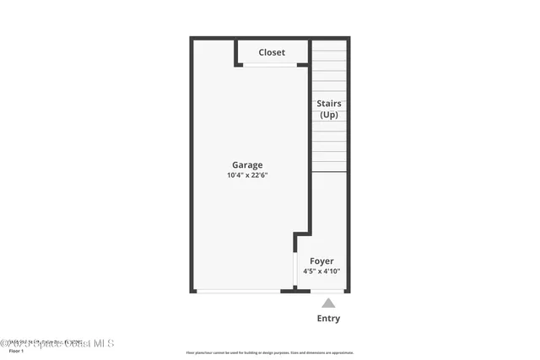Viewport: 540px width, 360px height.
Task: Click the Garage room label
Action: pyautogui.click(x=247, y=165)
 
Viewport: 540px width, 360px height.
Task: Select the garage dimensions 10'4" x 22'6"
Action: pyautogui.click(x=247, y=175)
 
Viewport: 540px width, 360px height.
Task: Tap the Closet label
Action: pyautogui.click(x=272, y=52)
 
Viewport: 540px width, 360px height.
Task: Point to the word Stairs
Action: pyautogui.click(x=329, y=104)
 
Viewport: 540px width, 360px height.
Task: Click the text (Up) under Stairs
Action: pyautogui.click(x=329, y=115)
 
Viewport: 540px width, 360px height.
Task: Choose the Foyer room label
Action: pyautogui.click(x=321, y=261)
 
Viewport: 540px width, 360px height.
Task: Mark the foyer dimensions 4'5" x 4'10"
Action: pyautogui.click(x=321, y=271)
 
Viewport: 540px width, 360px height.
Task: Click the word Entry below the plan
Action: pyautogui.click(x=328, y=319)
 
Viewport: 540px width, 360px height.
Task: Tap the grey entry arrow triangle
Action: pyautogui.click(x=328, y=303)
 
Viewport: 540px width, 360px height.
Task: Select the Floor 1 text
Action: pyautogui.click(x=16, y=351)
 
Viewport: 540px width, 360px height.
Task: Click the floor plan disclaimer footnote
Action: pyautogui.click(x=270, y=352)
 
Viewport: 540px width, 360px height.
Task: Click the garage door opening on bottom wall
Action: pyautogui.click(x=238, y=291)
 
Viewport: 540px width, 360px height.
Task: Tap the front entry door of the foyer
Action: pyautogui.click(x=327, y=291)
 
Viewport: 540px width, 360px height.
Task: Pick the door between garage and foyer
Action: pyautogui.click(x=295, y=269)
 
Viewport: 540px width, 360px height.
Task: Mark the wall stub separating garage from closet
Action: pyautogui.click(x=235, y=52)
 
